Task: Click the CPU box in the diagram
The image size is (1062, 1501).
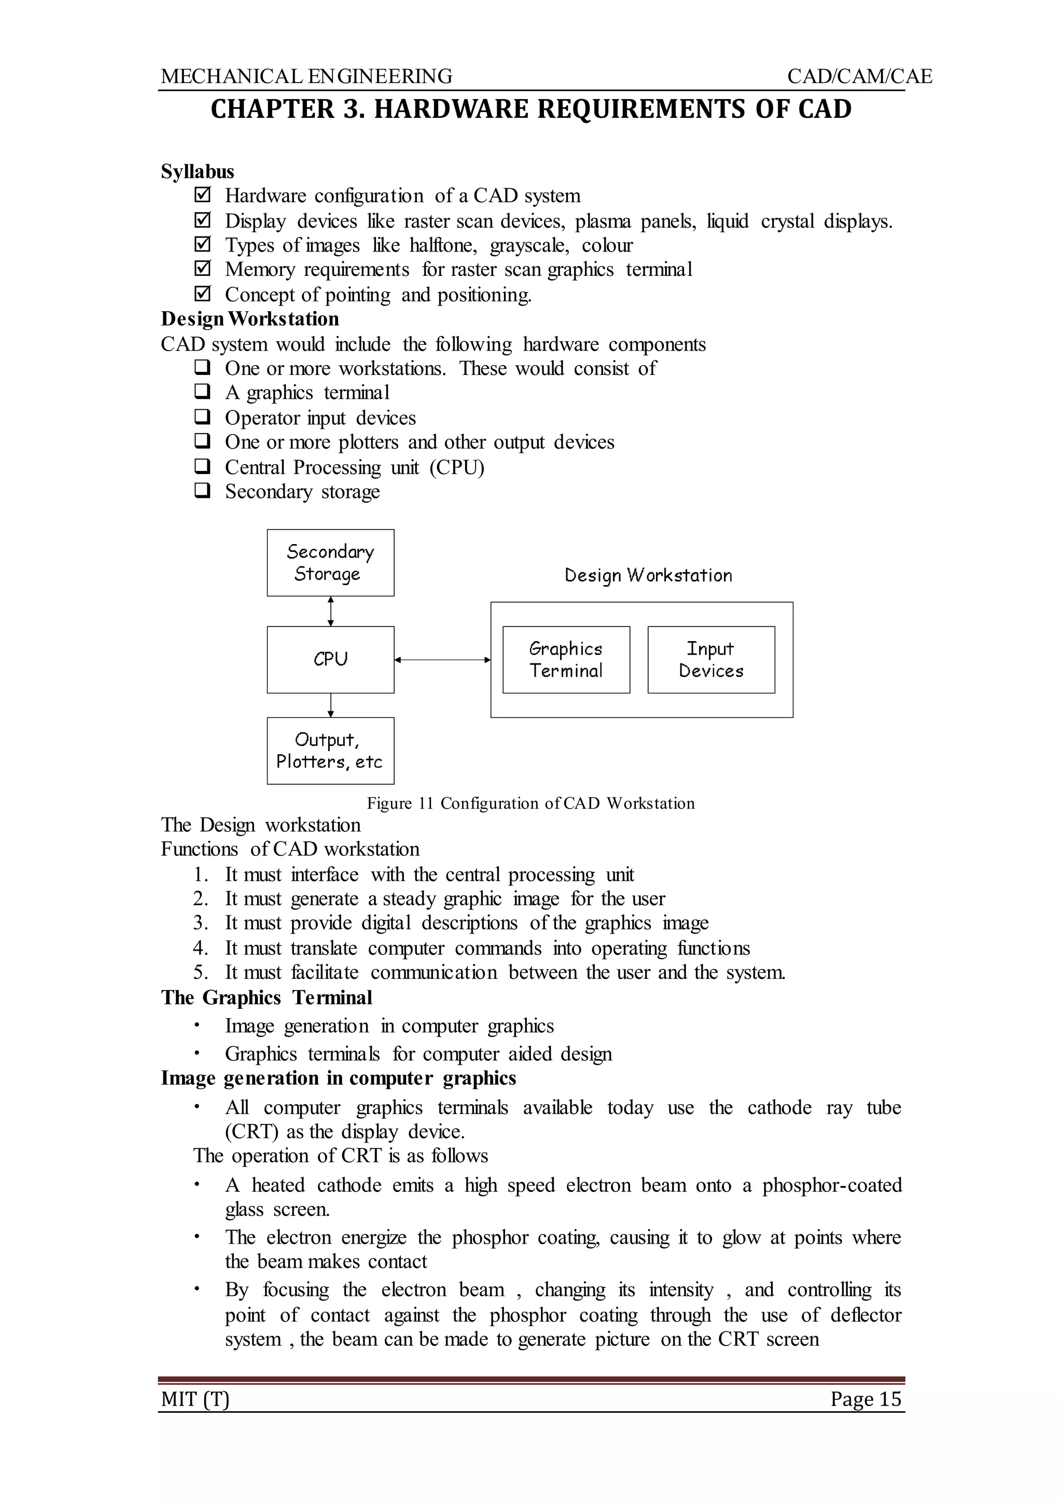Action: (330, 659)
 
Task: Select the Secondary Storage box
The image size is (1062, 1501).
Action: (330, 562)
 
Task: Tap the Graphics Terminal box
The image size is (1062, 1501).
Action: (566, 659)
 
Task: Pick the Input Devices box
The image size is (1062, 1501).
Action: (711, 659)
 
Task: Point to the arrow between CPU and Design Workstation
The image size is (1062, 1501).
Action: (442, 660)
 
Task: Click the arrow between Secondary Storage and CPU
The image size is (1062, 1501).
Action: (331, 611)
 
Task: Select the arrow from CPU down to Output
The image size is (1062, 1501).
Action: (331, 705)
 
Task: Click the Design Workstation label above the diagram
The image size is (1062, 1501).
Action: (648, 576)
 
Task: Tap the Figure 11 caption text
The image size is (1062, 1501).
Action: (530, 803)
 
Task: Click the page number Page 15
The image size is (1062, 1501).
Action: (865, 1399)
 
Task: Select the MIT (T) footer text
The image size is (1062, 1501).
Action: (195, 1399)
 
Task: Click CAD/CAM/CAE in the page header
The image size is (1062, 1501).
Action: (859, 77)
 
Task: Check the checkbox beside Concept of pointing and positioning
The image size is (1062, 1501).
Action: (203, 294)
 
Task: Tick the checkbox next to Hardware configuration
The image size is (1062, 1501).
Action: (203, 195)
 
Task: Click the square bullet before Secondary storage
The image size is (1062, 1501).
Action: (202, 491)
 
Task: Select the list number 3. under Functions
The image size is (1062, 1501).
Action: (200, 923)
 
